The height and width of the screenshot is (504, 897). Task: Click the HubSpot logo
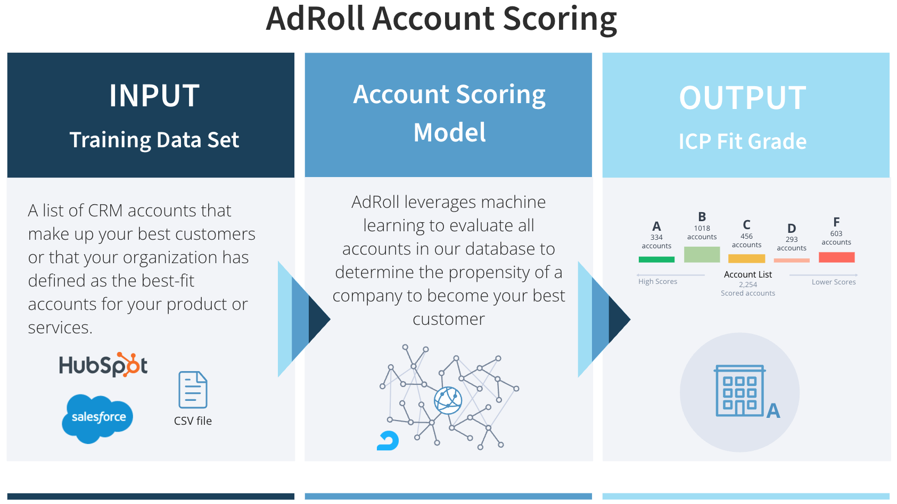(x=103, y=365)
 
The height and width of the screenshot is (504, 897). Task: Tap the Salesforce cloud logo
(x=97, y=418)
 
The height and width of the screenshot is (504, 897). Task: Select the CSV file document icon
(x=193, y=390)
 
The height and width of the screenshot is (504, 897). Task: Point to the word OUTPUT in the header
(x=743, y=98)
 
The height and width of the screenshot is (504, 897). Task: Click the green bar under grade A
(x=656, y=259)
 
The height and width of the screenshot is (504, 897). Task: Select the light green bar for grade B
(x=702, y=255)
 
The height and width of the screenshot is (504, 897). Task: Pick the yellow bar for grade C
(x=746, y=258)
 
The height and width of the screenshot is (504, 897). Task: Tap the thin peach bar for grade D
(x=791, y=261)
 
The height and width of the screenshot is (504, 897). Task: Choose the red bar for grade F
(x=836, y=257)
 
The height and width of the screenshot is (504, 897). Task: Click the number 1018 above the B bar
(x=702, y=229)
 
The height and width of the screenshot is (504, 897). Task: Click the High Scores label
(x=657, y=282)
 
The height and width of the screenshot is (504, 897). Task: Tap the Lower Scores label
(x=834, y=282)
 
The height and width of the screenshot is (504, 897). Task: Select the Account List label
(x=747, y=274)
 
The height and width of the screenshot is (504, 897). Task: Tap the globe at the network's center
(x=448, y=400)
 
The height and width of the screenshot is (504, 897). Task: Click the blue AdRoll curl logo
(x=388, y=441)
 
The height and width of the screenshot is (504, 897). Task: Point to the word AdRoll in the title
(x=315, y=19)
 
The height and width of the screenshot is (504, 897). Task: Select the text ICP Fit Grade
(x=743, y=141)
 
